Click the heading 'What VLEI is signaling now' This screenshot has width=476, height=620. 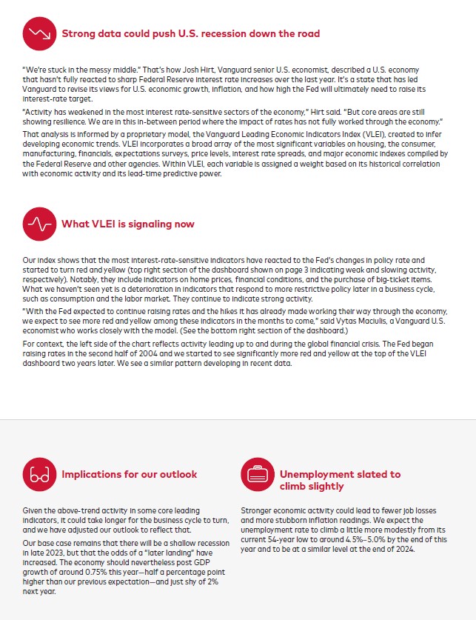(127, 224)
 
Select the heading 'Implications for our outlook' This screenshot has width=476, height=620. (130, 474)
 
